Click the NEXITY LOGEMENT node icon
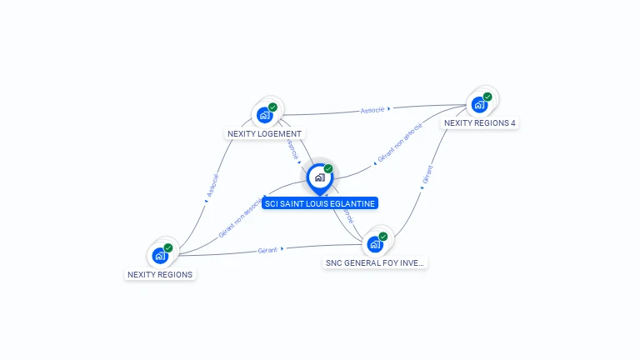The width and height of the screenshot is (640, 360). [265, 114]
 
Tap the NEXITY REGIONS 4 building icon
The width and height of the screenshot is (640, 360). [479, 105]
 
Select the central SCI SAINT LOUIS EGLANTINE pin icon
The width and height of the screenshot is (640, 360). [319, 177]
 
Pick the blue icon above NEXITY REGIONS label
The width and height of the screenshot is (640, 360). [160, 256]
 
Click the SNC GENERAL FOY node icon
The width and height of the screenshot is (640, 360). [375, 244]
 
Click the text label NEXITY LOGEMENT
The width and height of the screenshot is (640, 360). [265, 133]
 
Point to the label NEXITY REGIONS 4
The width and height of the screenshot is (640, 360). [480, 122]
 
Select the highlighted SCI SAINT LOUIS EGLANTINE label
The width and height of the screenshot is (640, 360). [320, 202]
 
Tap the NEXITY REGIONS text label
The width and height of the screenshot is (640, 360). [160, 274]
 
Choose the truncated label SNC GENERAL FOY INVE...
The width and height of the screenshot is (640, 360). [375, 262]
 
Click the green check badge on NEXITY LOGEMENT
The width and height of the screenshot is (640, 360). [272, 107]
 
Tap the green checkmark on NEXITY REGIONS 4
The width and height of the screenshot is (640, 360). [487, 97]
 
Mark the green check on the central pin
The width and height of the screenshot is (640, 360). [328, 169]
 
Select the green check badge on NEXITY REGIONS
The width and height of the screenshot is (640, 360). [168, 247]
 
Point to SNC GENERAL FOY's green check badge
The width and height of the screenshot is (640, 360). [383, 237]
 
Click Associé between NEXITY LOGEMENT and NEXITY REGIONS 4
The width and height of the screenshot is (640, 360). [372, 109]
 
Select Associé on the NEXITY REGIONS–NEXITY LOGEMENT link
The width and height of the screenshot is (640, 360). [212, 186]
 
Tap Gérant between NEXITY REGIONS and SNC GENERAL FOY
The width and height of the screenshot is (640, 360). [267, 250]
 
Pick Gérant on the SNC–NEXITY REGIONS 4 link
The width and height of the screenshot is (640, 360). [427, 174]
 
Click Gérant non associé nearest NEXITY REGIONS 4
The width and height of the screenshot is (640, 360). [400, 142]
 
